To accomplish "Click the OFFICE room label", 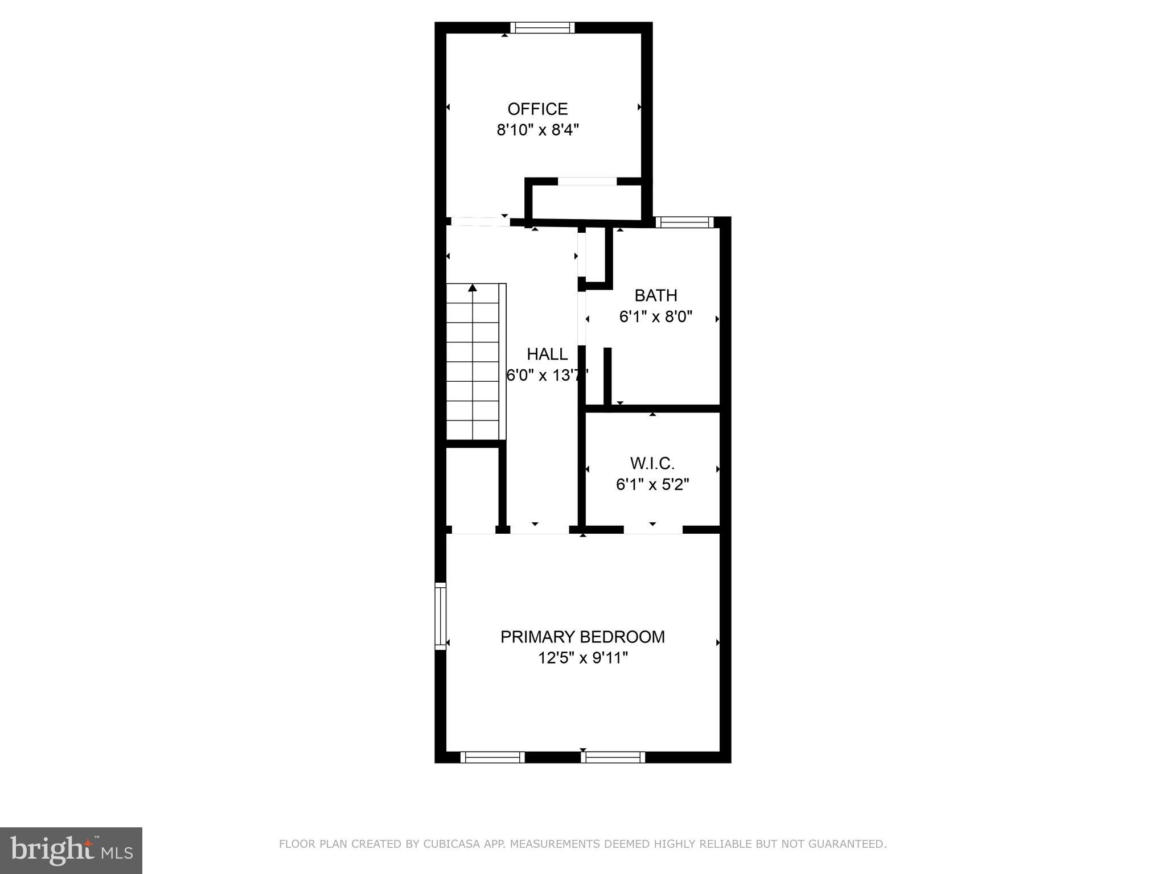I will click(537, 109).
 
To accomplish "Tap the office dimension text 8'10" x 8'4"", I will click(537, 130).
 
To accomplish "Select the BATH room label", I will click(656, 295).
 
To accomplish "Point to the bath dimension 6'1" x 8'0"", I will click(656, 317).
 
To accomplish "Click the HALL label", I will click(547, 354).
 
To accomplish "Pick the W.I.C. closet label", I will click(652, 463).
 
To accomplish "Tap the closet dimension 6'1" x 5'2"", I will click(652, 485).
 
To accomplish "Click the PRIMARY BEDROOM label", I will click(582, 637).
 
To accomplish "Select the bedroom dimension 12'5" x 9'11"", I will click(582, 658).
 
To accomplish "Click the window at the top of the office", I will click(542, 28).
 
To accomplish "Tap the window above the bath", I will click(684, 222).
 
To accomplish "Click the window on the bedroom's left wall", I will click(440, 616).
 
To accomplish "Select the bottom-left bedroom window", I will click(492, 757).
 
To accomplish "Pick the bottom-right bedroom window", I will click(613, 757).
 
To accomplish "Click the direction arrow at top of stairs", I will click(472, 288).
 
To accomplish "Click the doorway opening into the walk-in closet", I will click(652, 530).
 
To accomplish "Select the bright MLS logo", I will click(71, 851).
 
